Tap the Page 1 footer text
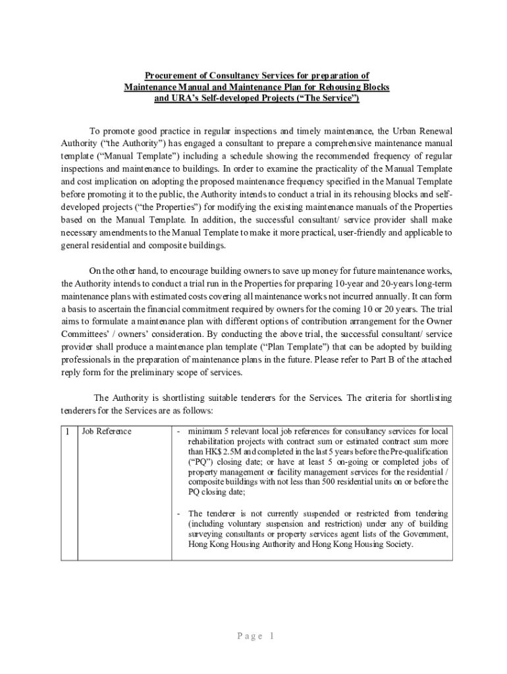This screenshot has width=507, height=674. [254, 636]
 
